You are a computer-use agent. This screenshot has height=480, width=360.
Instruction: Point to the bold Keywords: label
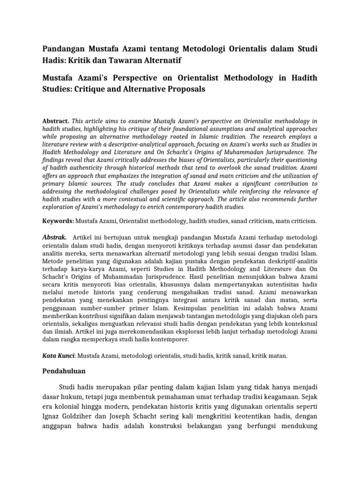click(58, 220)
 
